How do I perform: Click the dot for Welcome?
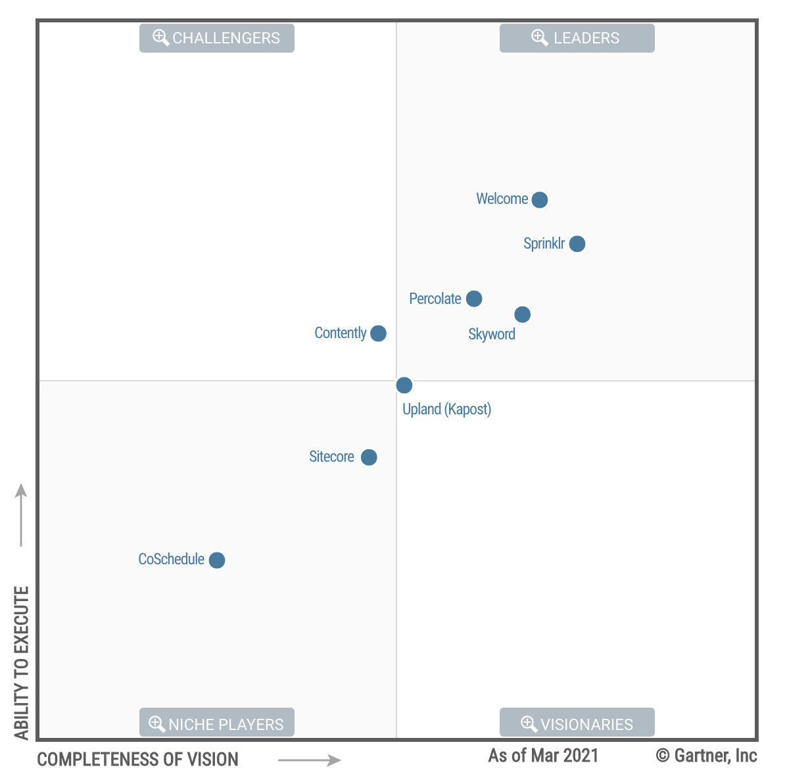coord(540,199)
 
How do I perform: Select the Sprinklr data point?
coord(577,244)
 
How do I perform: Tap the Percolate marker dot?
coord(474,299)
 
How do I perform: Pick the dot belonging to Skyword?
coord(523,314)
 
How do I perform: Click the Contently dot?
coord(378,333)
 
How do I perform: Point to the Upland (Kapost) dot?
coord(404,385)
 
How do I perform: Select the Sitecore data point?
coord(369,457)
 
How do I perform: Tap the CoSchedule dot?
coord(217,560)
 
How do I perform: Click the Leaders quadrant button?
coord(577,38)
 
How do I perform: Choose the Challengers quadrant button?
coord(216,38)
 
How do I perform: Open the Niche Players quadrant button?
coord(216,723)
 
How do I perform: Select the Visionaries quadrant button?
coord(577,723)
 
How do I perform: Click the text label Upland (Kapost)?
coord(446,409)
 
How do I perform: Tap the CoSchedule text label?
coord(171,559)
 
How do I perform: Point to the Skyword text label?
coord(491,334)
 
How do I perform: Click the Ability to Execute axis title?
coord(22,662)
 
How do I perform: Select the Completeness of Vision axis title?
coord(137,760)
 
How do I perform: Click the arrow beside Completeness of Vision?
coord(309,760)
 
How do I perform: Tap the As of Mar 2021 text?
coord(543,756)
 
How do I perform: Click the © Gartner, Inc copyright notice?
coord(706,756)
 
